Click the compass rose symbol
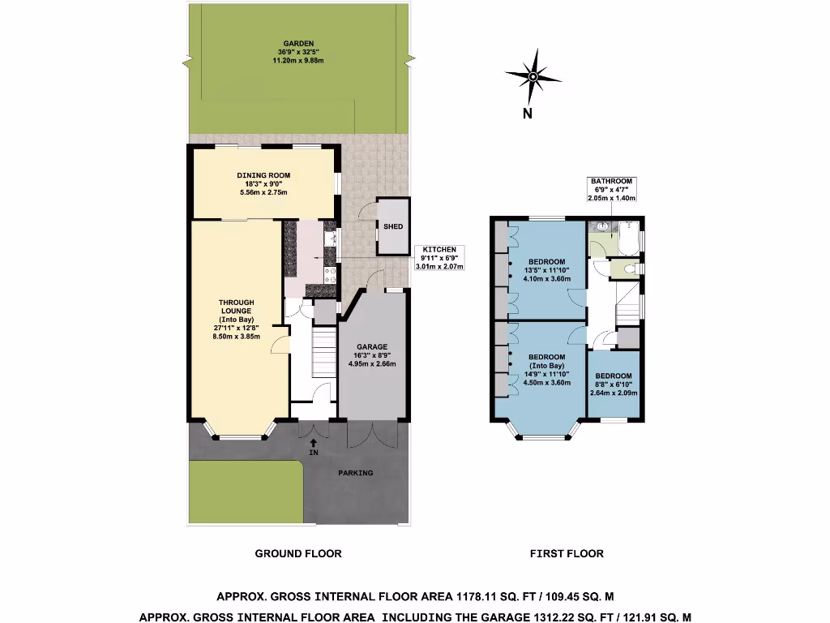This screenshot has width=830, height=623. coord(533,77)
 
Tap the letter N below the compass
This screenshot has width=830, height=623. coord(527,114)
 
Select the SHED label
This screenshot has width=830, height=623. coord(392,227)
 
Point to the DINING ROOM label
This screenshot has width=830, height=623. coord(263,183)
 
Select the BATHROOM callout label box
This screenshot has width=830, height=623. coord(612,189)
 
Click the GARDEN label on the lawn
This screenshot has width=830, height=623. coord(298,52)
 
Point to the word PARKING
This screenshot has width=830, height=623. coord(356,473)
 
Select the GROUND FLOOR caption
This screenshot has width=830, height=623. coord(298,554)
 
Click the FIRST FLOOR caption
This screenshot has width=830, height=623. coord(567,554)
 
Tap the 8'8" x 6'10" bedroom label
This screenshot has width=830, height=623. coord(614,384)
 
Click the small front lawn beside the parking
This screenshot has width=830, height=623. coord(245,492)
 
